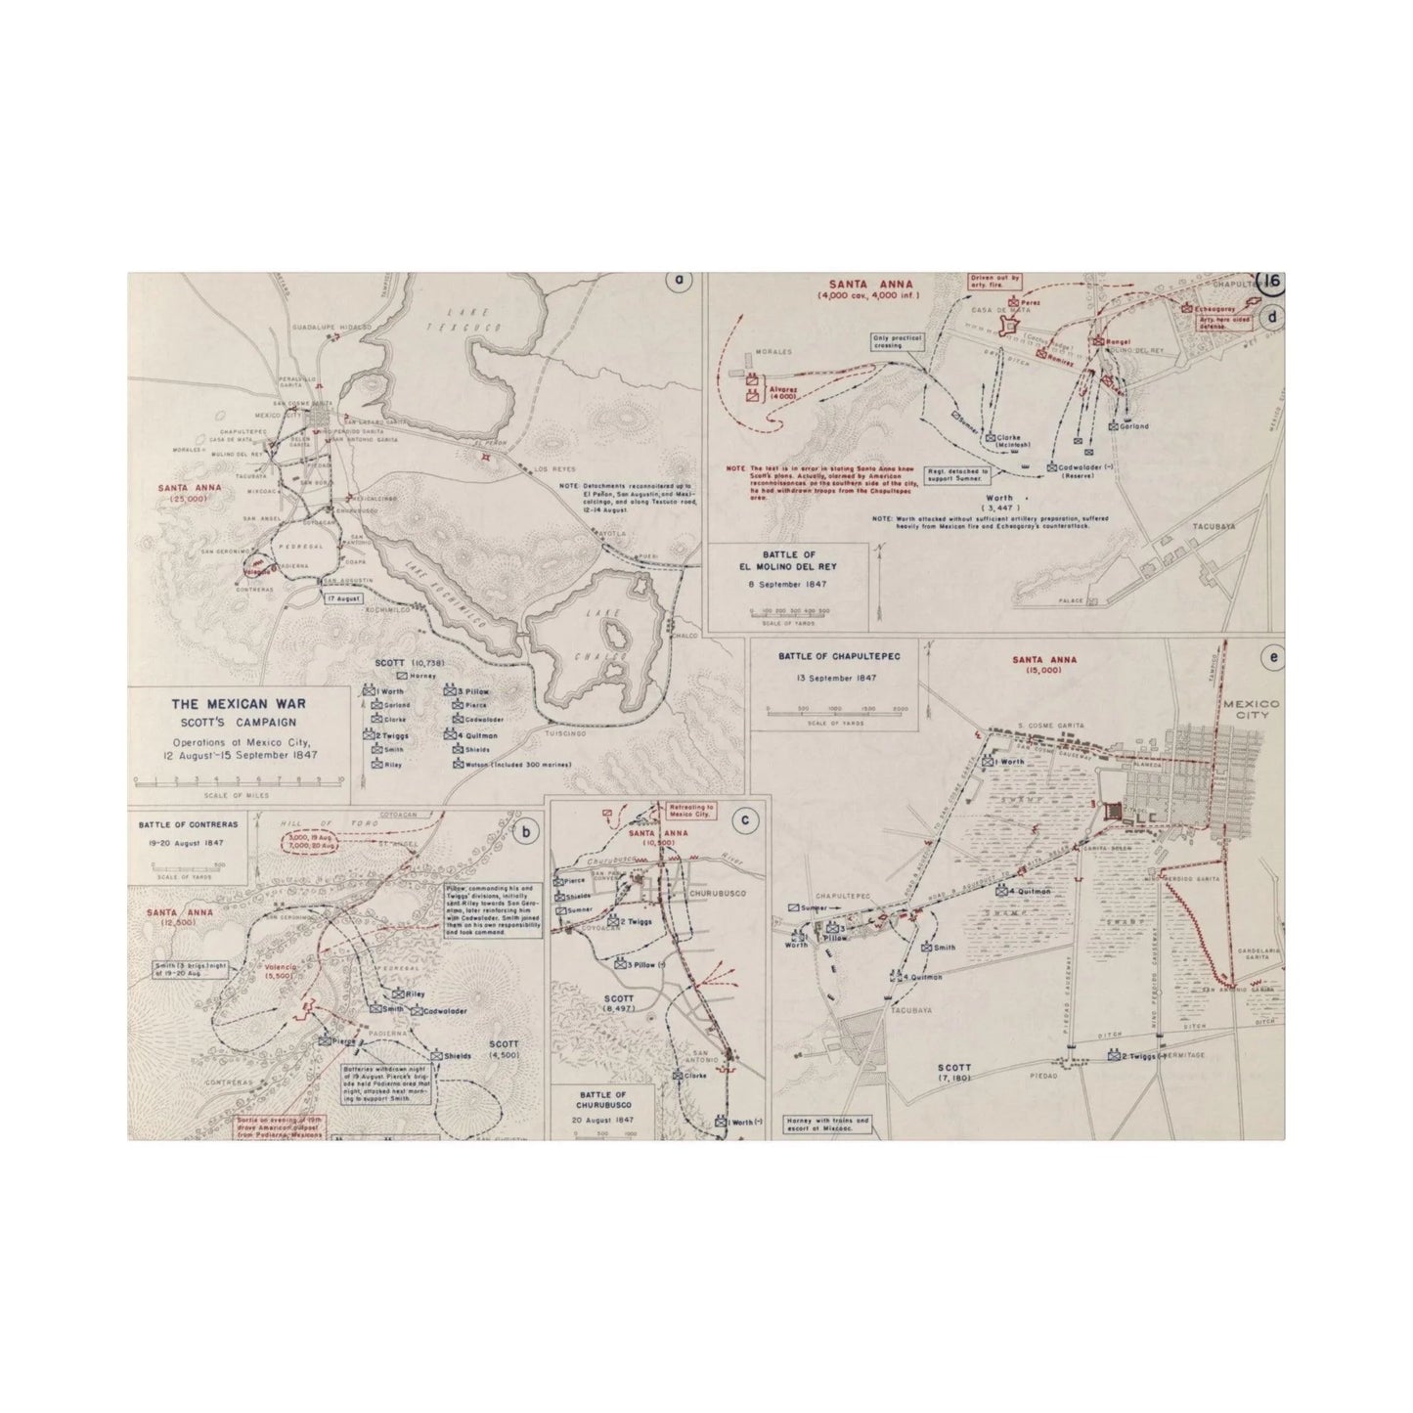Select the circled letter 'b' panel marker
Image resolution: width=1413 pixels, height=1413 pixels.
[x=527, y=833]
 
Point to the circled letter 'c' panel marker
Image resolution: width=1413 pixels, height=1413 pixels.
[x=745, y=819]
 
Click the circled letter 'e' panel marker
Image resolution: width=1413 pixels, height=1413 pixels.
[x=1271, y=658]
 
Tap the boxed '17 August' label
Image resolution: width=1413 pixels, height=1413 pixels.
[x=345, y=597]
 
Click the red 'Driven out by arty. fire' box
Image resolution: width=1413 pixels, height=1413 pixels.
[x=994, y=282]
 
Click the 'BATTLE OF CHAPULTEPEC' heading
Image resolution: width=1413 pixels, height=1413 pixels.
[x=834, y=655]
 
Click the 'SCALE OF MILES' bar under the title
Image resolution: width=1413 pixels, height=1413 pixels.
[x=238, y=780]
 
